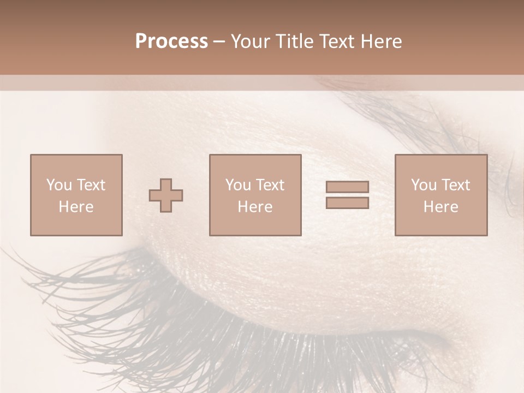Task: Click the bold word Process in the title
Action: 171,41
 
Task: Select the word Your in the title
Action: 248,41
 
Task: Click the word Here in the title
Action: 382,41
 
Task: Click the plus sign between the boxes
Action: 166,195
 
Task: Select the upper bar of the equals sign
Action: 347,187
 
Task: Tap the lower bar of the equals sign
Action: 347,203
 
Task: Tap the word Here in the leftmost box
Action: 76,207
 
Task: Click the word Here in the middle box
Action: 255,207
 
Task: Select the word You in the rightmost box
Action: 424,185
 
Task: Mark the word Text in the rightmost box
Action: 455,185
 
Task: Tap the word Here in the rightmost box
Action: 440,207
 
